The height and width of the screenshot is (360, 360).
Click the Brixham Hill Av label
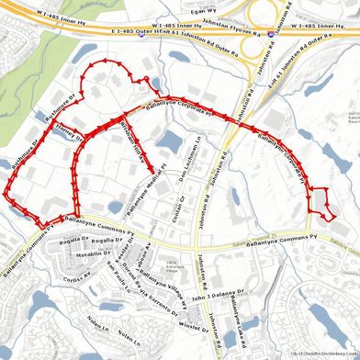point(132,141)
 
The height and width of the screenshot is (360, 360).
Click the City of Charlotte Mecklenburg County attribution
point(323,354)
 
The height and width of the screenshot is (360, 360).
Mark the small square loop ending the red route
point(319,201)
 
